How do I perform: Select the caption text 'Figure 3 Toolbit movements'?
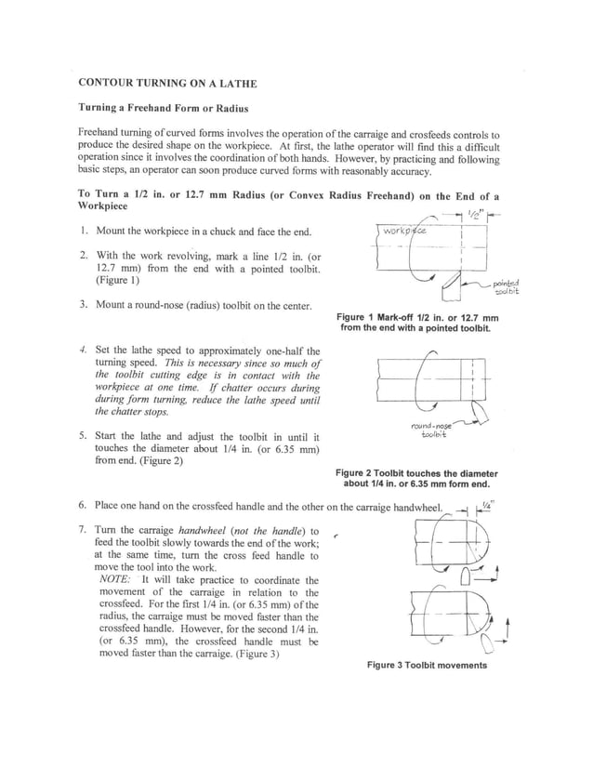(x=426, y=666)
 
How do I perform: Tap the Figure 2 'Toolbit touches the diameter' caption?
(x=416, y=478)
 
